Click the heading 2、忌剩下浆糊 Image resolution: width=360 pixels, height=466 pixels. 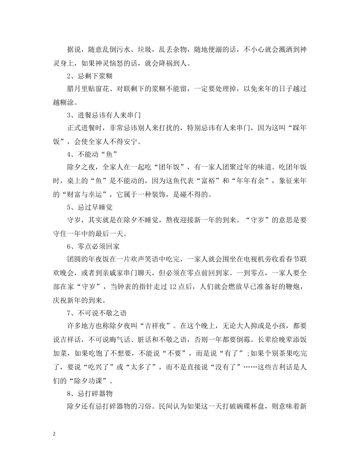pos(89,76)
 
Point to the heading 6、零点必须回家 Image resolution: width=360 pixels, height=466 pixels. pos(93,246)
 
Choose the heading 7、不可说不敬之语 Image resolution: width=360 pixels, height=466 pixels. pos(97,313)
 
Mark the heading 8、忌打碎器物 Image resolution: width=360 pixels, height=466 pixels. pos(89,393)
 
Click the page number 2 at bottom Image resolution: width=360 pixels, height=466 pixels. pos(55,434)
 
